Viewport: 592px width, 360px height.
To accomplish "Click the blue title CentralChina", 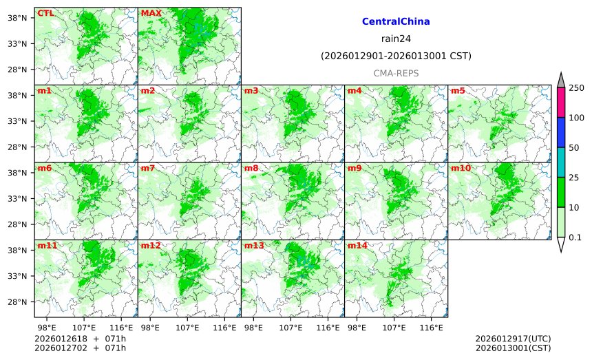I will [x=396, y=22].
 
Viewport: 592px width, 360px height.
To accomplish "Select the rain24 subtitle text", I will [x=396, y=39].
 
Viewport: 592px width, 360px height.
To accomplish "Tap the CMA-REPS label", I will [x=396, y=73].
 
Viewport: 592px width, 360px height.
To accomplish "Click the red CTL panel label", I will [x=46, y=13].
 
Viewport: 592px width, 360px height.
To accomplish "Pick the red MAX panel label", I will [x=151, y=13].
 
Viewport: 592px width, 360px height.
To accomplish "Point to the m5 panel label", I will [x=458, y=91].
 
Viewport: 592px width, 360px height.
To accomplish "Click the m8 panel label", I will [x=251, y=168].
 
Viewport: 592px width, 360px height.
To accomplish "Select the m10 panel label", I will [x=461, y=168].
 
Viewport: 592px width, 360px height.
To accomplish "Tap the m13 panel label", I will [x=254, y=246].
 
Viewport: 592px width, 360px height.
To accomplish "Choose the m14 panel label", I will [x=357, y=246].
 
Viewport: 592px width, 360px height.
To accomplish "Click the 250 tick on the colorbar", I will [x=577, y=87].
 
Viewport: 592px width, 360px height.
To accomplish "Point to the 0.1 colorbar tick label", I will [x=575, y=237].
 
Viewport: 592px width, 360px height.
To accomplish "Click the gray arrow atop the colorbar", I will [x=561, y=80].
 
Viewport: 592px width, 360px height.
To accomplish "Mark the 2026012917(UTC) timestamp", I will [x=513, y=339].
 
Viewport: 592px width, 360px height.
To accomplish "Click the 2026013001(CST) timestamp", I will [x=513, y=348].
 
